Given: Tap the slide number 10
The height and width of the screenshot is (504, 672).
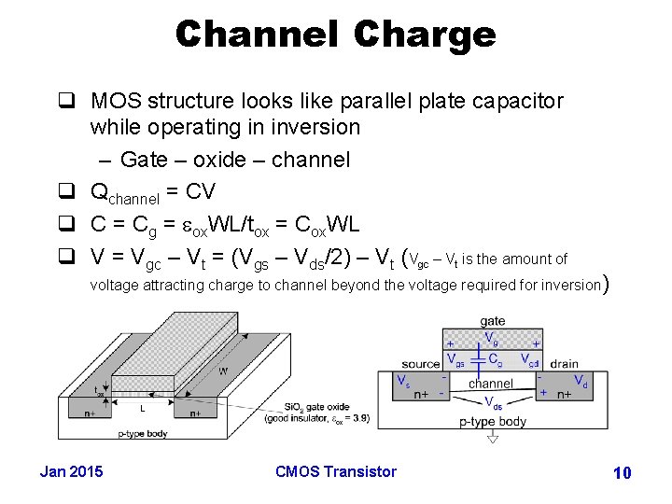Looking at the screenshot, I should [x=622, y=473].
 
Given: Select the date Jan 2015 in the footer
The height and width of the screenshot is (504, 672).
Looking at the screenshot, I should [x=72, y=471].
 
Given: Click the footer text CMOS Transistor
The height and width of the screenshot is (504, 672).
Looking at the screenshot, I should [x=336, y=471].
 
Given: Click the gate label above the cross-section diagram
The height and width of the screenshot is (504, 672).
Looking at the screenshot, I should [x=492, y=321].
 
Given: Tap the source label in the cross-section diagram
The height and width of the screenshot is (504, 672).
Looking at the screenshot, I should [x=421, y=364].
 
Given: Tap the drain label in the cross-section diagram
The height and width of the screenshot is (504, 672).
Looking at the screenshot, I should [x=564, y=364].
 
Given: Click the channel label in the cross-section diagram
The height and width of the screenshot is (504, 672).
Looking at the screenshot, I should [x=491, y=384].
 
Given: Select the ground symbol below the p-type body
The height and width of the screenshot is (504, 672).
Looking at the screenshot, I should [x=493, y=437].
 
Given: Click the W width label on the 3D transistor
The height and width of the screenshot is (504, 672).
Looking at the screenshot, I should [x=223, y=371].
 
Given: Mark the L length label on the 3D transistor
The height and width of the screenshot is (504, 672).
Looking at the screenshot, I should [x=141, y=408].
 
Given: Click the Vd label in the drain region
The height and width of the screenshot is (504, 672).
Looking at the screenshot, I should [x=580, y=381].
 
